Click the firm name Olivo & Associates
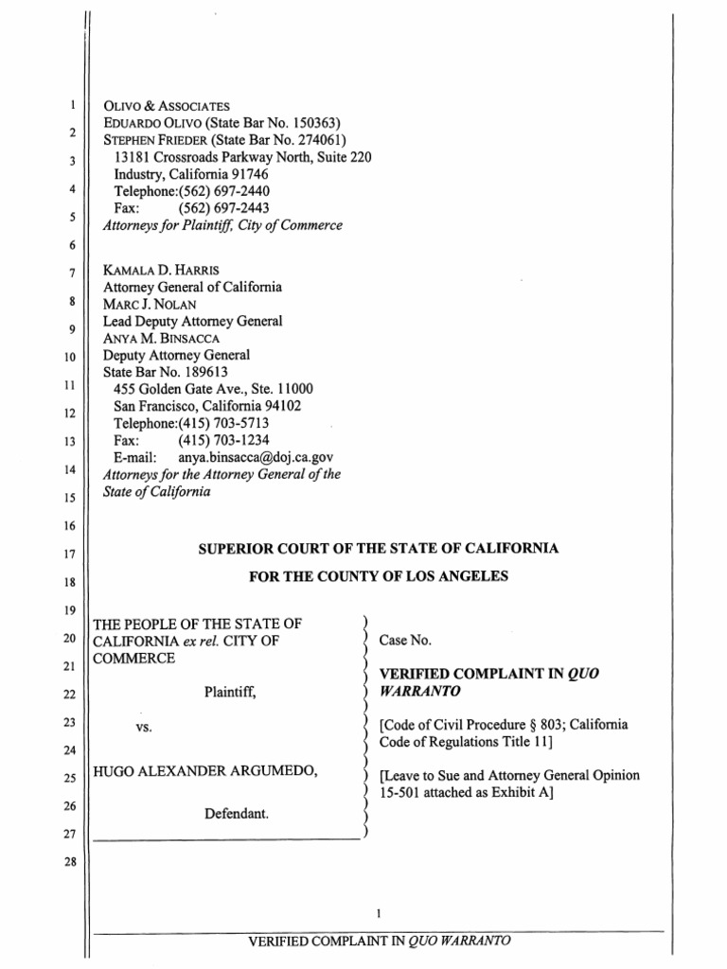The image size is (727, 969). pos(167,106)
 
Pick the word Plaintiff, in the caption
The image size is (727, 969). pos(230,692)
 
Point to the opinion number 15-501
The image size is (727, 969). pos(399,793)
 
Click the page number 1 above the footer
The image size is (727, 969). pos(378,914)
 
